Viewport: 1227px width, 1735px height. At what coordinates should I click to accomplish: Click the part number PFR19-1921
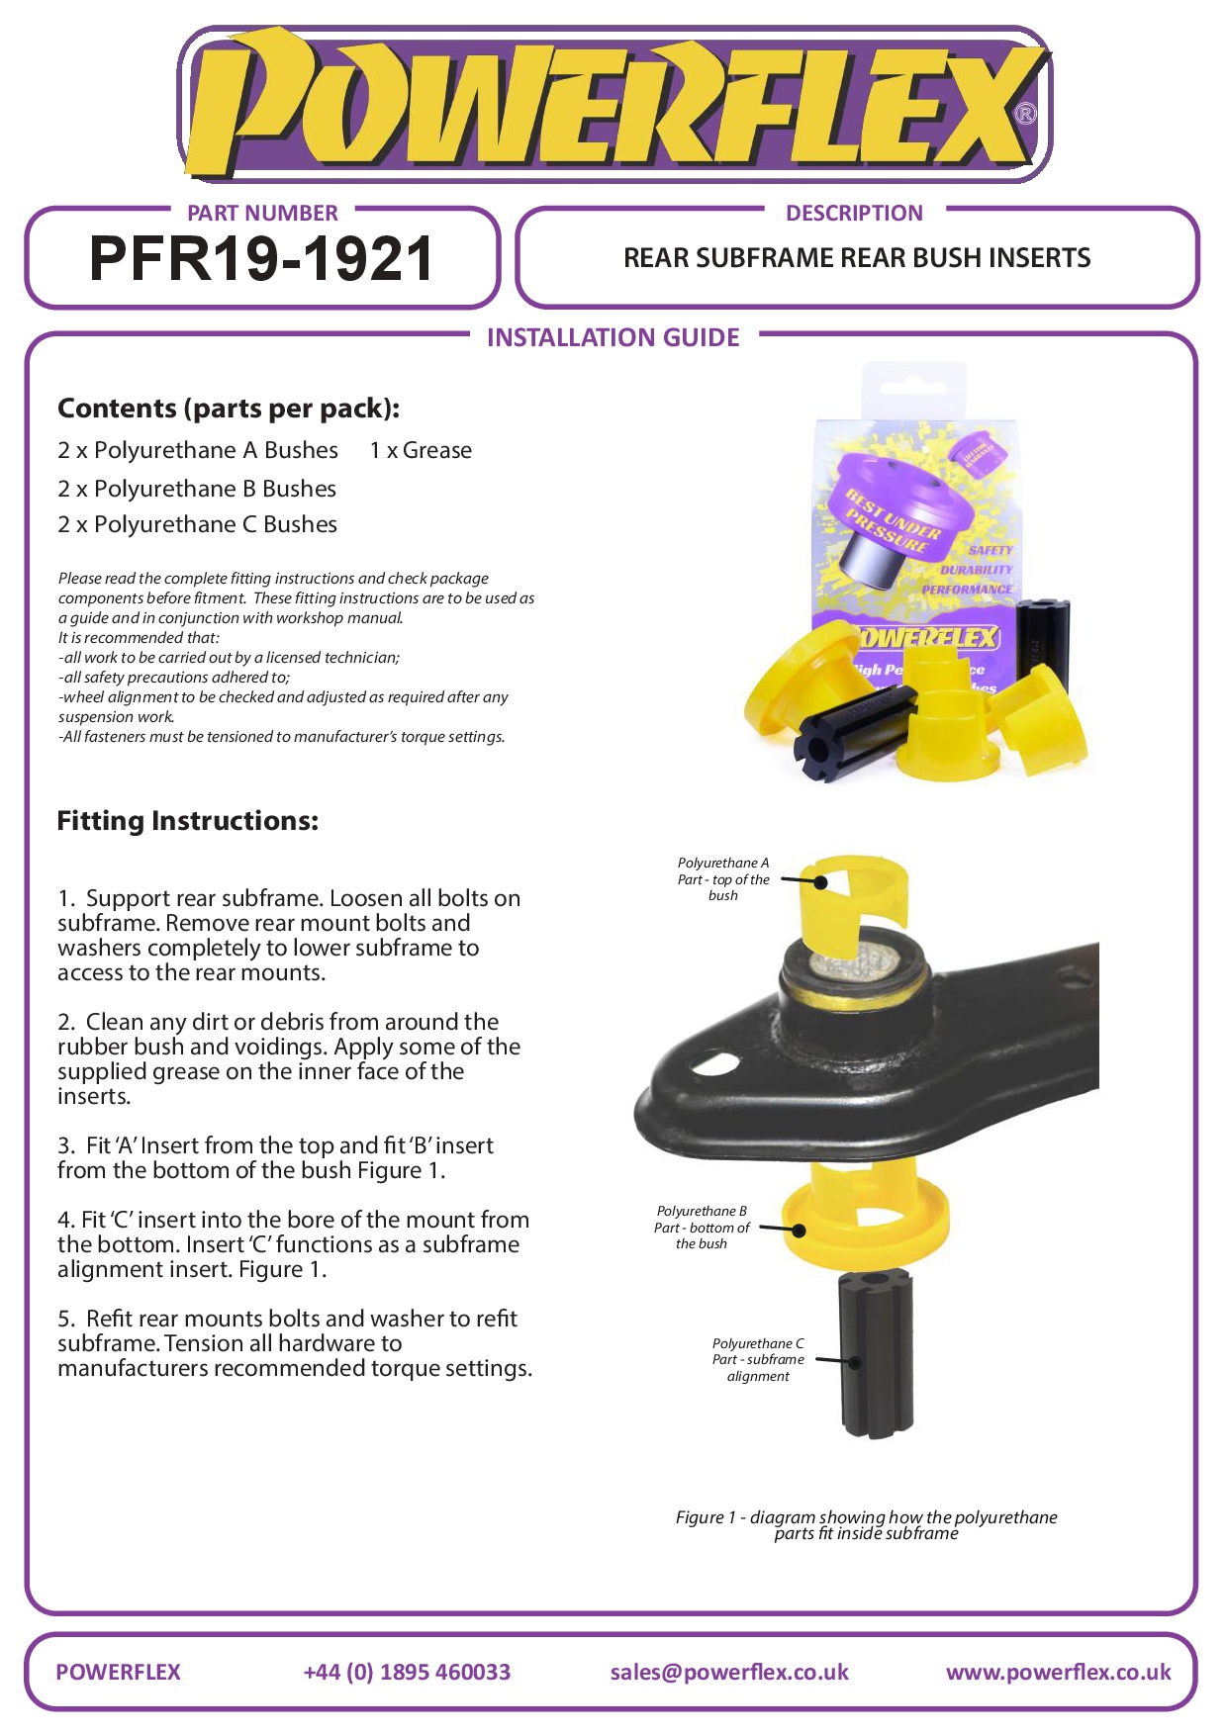pos(261,259)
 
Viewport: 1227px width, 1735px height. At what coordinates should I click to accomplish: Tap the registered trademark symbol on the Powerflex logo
pos(1026,115)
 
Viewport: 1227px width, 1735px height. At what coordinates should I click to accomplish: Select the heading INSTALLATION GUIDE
pos(613,338)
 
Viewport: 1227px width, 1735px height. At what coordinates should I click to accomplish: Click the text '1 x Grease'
pos(421,451)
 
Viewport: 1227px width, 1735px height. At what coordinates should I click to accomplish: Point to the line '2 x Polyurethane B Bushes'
pos(197,489)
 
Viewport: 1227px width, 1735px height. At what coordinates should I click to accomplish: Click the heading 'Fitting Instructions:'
pos(188,821)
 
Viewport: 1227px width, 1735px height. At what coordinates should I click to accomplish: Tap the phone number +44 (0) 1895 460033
pos(407,1672)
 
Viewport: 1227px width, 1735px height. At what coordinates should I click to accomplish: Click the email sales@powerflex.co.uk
pos(729,1672)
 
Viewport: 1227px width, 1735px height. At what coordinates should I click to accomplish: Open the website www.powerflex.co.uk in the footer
pos(1058,1672)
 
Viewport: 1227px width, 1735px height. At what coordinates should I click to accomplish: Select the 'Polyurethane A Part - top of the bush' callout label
pos(723,879)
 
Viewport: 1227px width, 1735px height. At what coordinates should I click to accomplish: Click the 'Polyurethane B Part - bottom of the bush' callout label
pos(702,1228)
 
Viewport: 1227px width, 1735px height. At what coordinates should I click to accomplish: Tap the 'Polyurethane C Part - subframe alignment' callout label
pos(758,1360)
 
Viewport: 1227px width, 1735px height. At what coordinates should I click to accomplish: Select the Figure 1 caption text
pos(866,1524)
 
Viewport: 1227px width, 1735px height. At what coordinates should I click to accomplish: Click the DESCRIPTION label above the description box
pos(854,214)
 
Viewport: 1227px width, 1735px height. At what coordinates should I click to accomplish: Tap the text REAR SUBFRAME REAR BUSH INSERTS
pos(857,259)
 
